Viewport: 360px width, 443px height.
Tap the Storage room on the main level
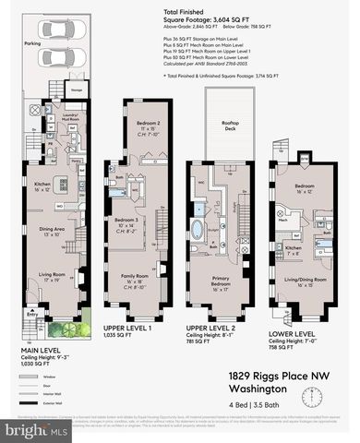78,90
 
